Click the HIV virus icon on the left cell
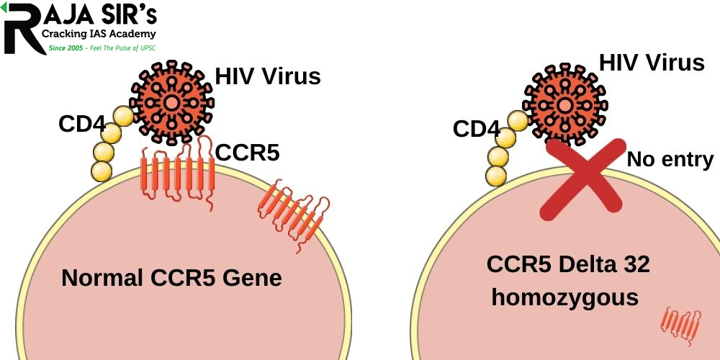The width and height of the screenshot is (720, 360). click(x=172, y=102)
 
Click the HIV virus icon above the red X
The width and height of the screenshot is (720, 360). click(x=565, y=105)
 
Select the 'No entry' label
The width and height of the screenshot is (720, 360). click(x=670, y=159)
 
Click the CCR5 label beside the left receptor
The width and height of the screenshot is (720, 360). click(x=248, y=153)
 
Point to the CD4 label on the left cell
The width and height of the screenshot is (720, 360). click(x=82, y=124)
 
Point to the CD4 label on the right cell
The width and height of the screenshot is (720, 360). click(x=476, y=129)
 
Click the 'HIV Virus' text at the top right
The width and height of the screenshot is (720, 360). click(x=652, y=63)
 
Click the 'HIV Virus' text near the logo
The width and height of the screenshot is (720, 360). click(x=268, y=76)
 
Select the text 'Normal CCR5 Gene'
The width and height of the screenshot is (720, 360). click(x=171, y=277)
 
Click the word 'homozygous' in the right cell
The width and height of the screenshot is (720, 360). click(x=565, y=297)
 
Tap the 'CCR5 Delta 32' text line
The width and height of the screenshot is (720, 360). click(x=568, y=264)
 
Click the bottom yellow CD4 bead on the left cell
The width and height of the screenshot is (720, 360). click(x=102, y=171)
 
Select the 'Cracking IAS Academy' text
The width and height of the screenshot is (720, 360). click(x=99, y=34)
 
